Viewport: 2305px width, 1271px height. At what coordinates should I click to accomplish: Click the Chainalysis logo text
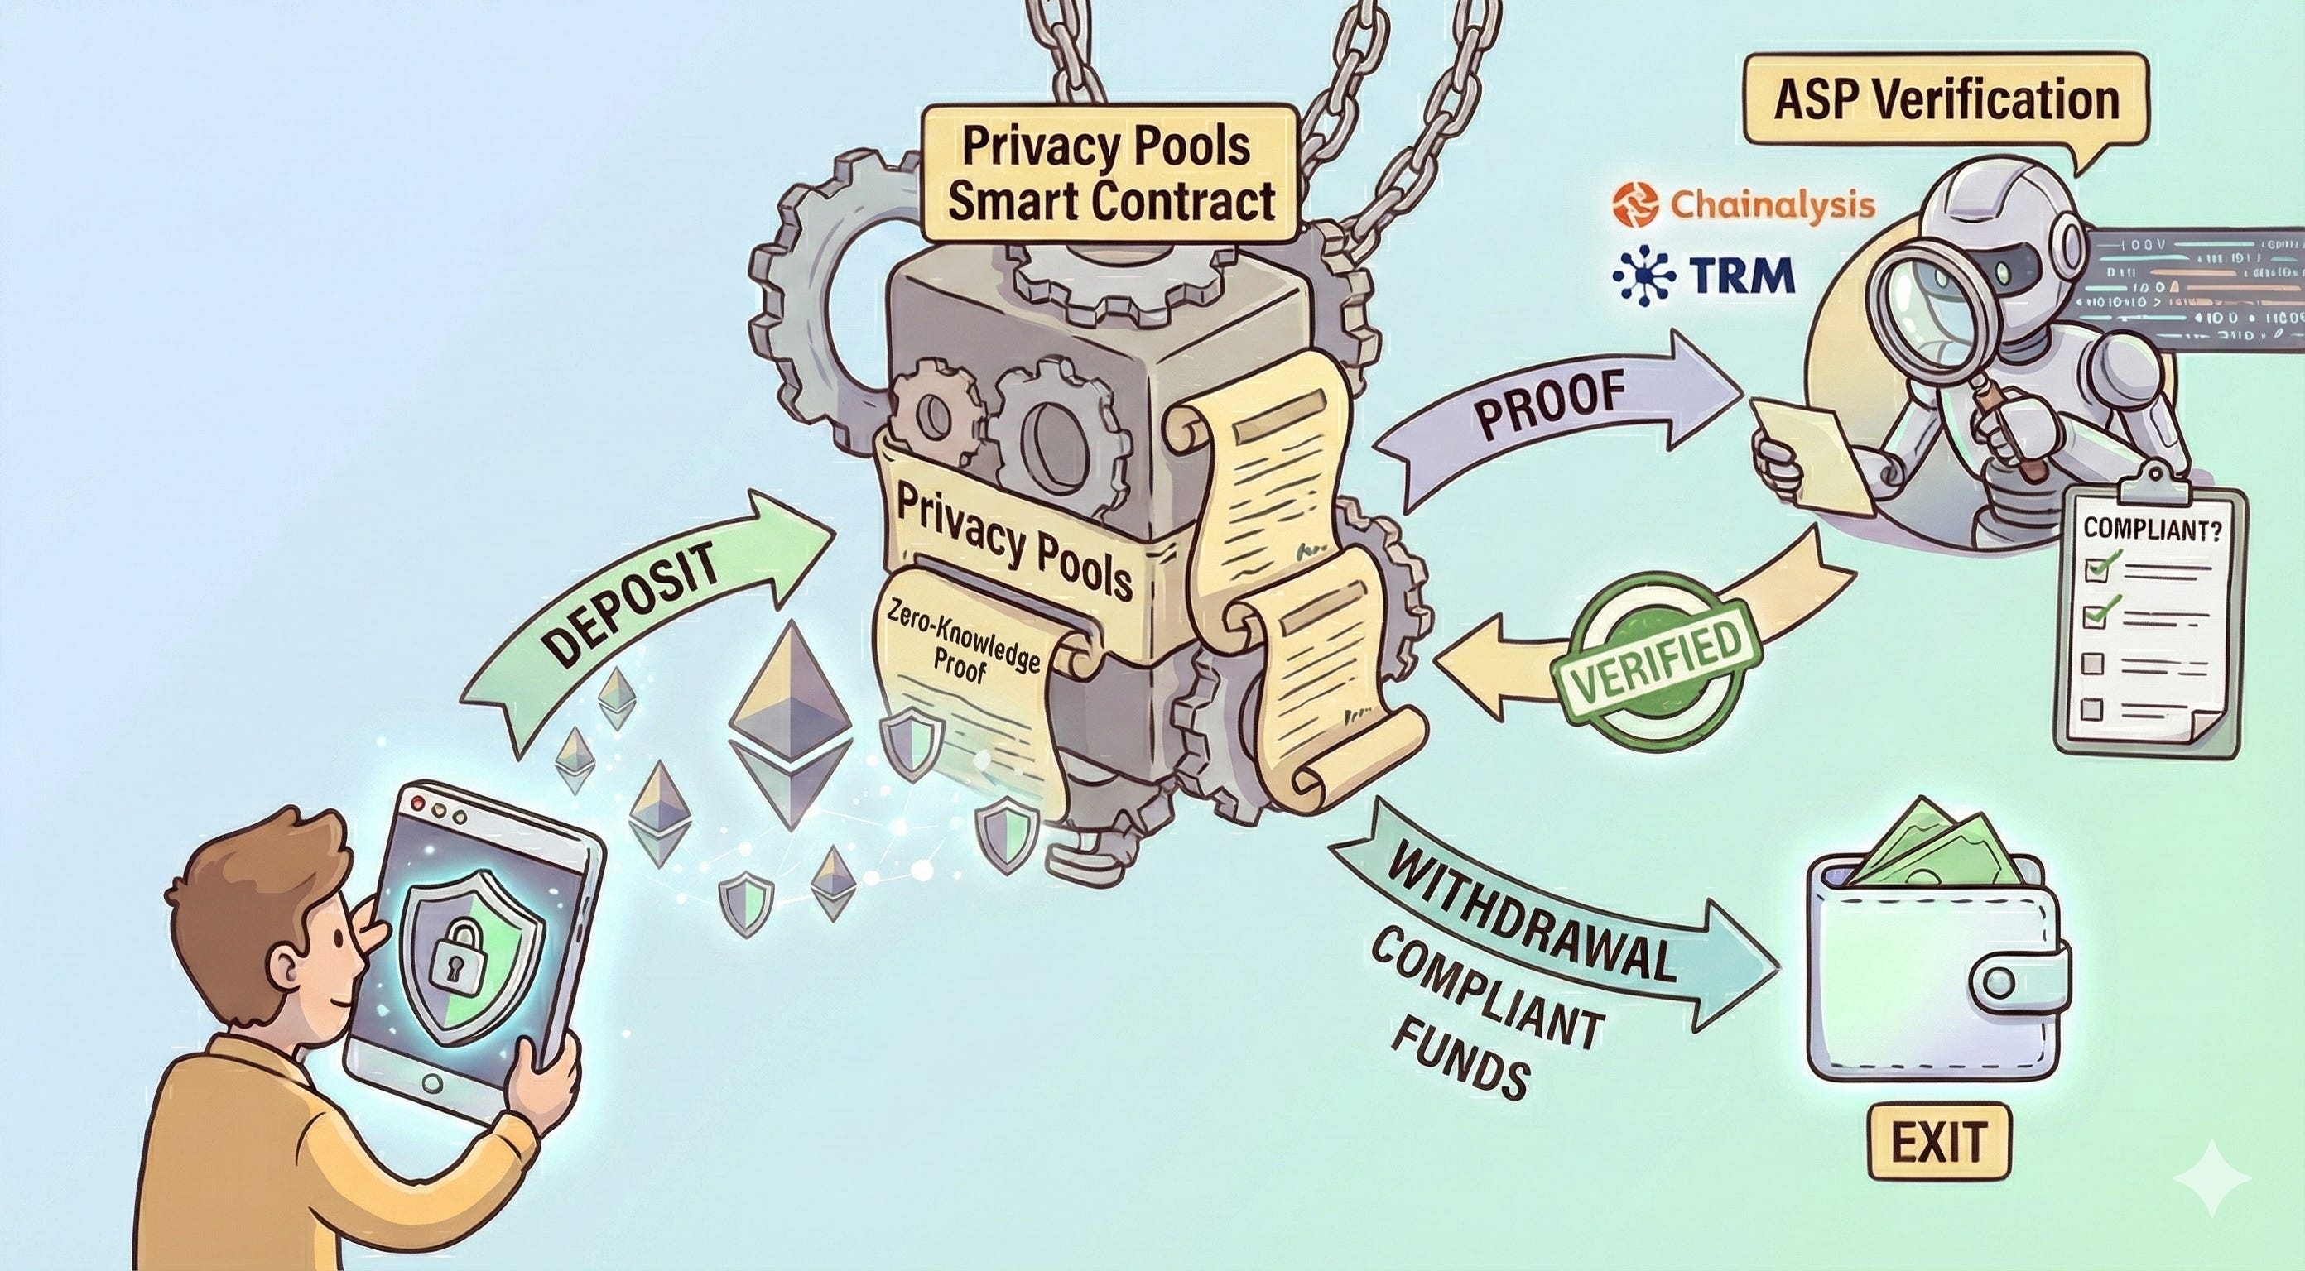point(1772,206)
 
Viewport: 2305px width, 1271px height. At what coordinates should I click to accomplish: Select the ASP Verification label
point(1946,100)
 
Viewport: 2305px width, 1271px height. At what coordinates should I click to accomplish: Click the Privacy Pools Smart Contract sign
point(1109,175)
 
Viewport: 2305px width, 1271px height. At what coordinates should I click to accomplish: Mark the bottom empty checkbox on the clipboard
point(2091,709)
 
